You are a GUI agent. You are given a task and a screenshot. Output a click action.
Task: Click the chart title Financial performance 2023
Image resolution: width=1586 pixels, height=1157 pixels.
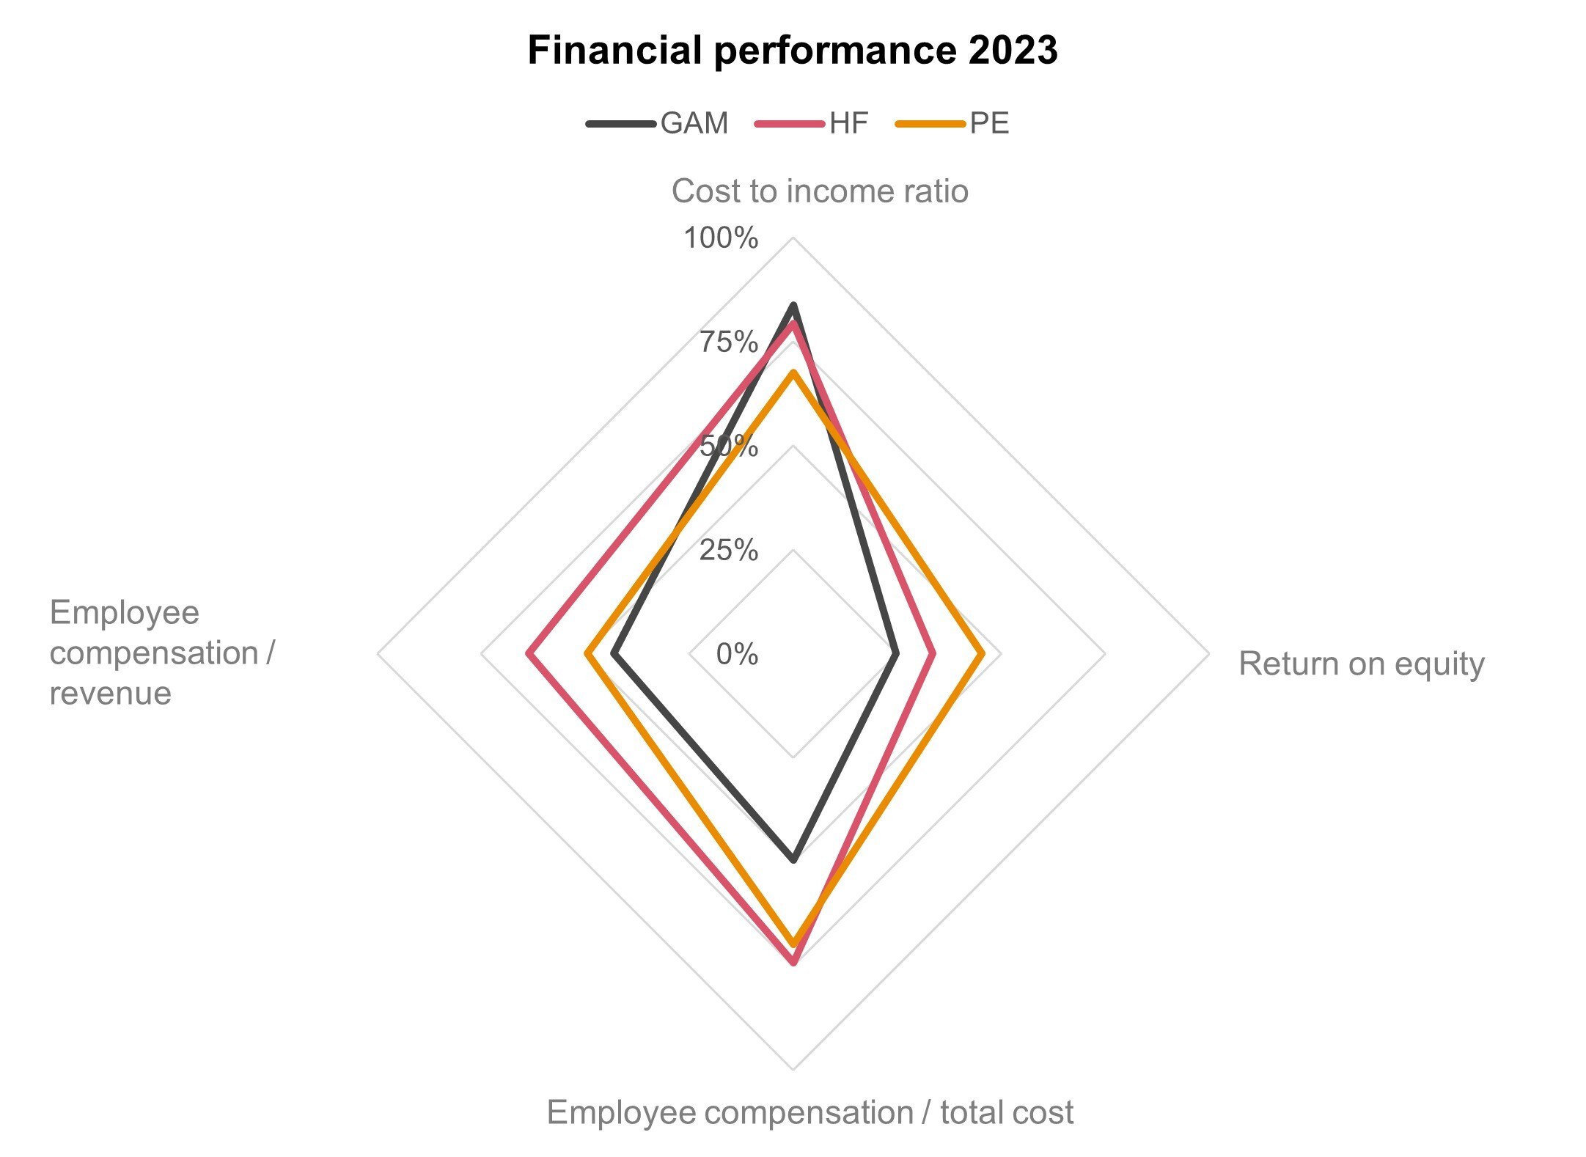792,50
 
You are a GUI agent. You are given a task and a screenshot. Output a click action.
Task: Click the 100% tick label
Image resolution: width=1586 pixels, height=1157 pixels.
721,238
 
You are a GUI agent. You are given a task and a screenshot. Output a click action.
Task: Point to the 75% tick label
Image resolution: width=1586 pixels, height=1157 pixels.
728,342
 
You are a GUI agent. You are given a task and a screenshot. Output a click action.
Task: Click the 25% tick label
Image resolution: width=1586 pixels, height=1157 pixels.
728,549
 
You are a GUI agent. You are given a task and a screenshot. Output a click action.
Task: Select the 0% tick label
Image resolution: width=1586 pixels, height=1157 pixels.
737,653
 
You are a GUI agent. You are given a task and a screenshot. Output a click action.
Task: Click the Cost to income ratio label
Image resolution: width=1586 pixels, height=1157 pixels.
820,191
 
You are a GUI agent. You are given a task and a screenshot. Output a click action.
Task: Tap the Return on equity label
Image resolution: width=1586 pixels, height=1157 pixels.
1361,664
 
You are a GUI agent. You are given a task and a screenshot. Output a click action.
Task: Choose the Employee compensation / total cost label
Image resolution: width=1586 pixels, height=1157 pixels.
809,1112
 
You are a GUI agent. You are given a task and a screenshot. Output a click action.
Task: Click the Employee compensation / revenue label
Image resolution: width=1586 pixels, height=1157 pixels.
161,653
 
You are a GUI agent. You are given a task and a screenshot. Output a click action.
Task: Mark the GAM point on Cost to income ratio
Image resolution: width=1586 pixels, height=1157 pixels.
793,305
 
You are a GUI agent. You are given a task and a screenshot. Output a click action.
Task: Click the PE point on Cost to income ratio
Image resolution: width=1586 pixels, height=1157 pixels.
793,373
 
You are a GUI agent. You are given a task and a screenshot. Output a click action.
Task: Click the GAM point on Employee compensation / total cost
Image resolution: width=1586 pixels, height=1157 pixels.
793,859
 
